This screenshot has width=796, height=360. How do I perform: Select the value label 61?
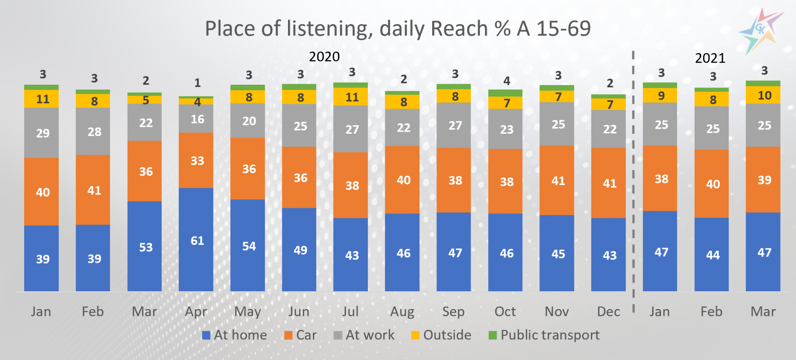pyautogui.click(x=197, y=241)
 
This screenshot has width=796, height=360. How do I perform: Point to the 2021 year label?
pyautogui.click(x=710, y=58)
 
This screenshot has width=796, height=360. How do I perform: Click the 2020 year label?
pyautogui.click(x=324, y=57)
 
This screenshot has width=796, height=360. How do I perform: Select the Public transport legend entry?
pyautogui.click(x=544, y=335)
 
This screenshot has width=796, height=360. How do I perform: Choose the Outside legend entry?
pyautogui.click(x=442, y=335)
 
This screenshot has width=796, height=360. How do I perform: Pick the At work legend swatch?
pyautogui.click(x=338, y=335)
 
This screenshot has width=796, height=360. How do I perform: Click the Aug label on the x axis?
pyautogui.click(x=402, y=312)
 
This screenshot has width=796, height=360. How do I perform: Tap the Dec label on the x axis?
pyautogui.click(x=608, y=312)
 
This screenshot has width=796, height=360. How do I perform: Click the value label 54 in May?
pyautogui.click(x=249, y=246)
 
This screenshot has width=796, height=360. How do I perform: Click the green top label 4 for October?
pyautogui.click(x=506, y=81)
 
